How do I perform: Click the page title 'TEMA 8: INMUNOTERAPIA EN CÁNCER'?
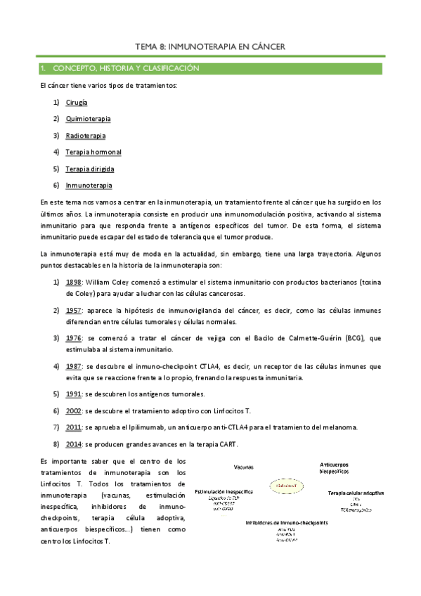pos(209,46)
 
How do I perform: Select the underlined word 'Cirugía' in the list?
pos(77,102)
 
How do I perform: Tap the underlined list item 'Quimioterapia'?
pos(88,119)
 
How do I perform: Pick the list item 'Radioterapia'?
pos(86,136)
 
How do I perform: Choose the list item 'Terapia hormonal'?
pos(93,152)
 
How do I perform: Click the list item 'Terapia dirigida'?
pos(90,169)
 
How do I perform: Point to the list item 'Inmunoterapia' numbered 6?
pos(89,186)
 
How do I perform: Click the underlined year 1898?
pos(74,282)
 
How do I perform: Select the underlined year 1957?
pos(74,310)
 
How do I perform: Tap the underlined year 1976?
pos(74,338)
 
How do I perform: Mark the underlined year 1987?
pos(74,366)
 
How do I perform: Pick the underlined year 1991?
pos(74,394)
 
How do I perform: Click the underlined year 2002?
pos(74,410)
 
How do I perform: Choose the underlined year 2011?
pos(74,427)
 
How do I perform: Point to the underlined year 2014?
pos(74,444)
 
